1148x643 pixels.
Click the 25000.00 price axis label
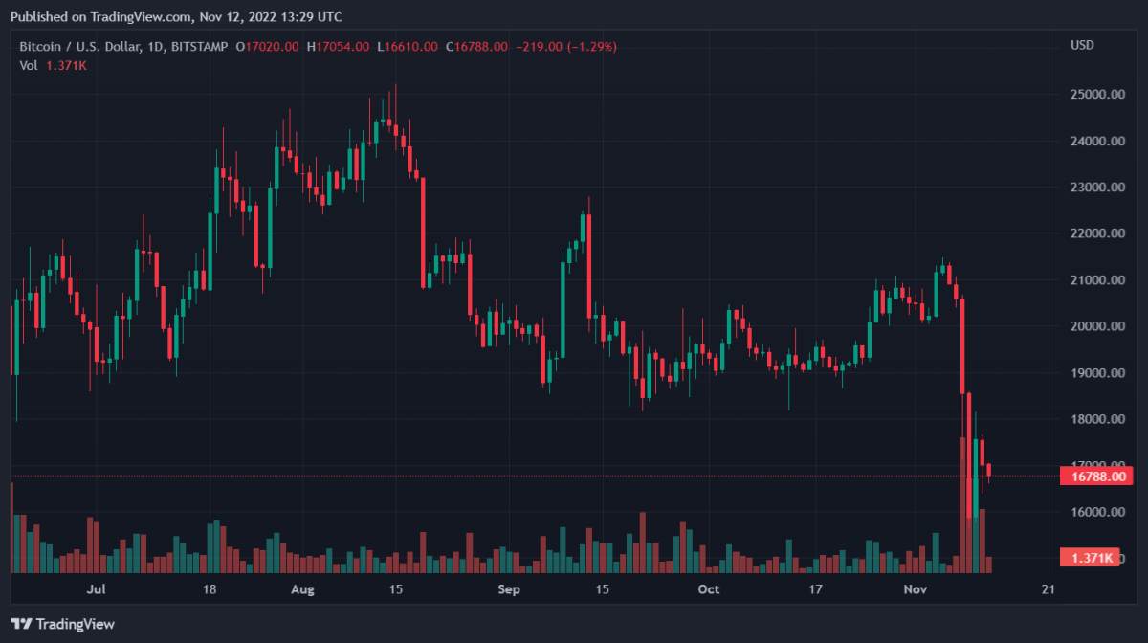pyautogui.click(x=1096, y=95)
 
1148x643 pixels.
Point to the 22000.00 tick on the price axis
pyautogui.click(x=1096, y=233)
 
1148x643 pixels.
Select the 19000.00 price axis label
pyautogui.click(x=1096, y=373)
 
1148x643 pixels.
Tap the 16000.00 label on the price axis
pyautogui.click(x=1096, y=512)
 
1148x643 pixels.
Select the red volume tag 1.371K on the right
pyautogui.click(x=1091, y=558)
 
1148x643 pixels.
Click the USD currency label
pyautogui.click(x=1082, y=45)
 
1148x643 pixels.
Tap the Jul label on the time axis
pyautogui.click(x=95, y=589)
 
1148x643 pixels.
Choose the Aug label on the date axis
pyautogui.click(x=303, y=589)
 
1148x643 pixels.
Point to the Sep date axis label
pyautogui.click(x=509, y=589)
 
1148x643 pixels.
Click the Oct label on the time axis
pyautogui.click(x=708, y=589)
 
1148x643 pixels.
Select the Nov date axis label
pyautogui.click(x=916, y=589)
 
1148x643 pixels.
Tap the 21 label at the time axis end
pyautogui.click(x=1048, y=589)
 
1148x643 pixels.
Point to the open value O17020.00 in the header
pyautogui.click(x=268, y=46)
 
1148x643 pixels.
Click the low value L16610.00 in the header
pyautogui.click(x=408, y=46)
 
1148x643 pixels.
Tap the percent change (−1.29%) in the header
pyautogui.click(x=589, y=46)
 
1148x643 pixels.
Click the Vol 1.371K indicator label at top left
pyautogui.click(x=54, y=65)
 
